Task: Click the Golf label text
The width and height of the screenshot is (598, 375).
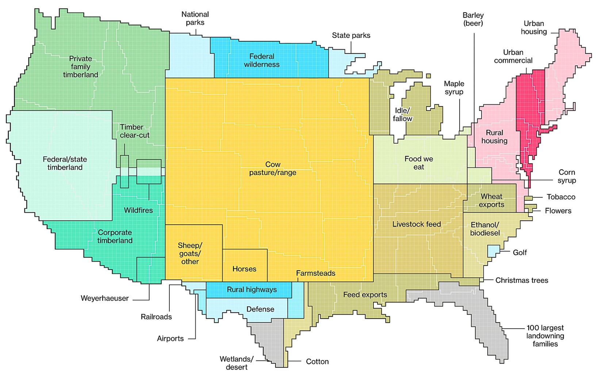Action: [x=520, y=252]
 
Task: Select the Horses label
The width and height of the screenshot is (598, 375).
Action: [x=244, y=269]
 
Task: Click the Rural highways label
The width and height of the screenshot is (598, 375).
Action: [x=252, y=290]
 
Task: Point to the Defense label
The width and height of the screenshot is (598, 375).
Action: [x=260, y=309]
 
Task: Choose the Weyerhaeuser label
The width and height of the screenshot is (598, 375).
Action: [x=105, y=298]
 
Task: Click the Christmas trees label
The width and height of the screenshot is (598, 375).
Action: [x=522, y=281]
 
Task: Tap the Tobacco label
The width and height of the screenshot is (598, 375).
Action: [x=561, y=197]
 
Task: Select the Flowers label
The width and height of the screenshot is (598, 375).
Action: [x=558, y=211]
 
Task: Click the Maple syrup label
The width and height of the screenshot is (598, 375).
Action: [x=454, y=88]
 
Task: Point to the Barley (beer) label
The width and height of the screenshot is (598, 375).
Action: [x=473, y=19]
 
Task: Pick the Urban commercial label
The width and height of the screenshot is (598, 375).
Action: [x=513, y=57]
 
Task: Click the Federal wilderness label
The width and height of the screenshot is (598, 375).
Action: [x=262, y=61]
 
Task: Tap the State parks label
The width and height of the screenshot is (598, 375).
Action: [x=351, y=35]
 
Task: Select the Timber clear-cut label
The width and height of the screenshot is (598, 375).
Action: [x=134, y=131]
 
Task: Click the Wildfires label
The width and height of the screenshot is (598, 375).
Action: [x=138, y=210]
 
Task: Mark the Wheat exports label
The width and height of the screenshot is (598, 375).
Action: [x=491, y=201]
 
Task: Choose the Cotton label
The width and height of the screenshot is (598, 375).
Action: [x=317, y=362]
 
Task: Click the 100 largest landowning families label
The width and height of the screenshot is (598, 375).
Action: [x=545, y=336]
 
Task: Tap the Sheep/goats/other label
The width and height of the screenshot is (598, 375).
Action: [x=190, y=253]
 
